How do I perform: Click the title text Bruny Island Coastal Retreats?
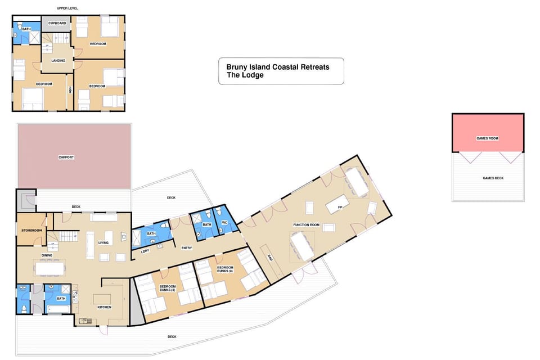(278, 67)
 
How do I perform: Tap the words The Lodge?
(245, 75)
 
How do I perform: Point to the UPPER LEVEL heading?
(67, 8)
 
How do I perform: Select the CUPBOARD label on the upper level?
(57, 23)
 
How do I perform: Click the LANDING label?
(58, 61)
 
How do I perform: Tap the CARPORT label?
(66, 157)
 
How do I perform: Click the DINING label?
(47, 255)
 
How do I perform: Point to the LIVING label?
(103, 243)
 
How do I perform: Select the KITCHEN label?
(104, 307)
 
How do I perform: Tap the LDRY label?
(145, 251)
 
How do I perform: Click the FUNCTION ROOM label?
(306, 225)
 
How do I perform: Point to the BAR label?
(270, 259)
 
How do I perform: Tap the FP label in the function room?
(340, 208)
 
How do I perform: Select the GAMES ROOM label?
(488, 138)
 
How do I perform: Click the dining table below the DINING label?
(50, 267)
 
